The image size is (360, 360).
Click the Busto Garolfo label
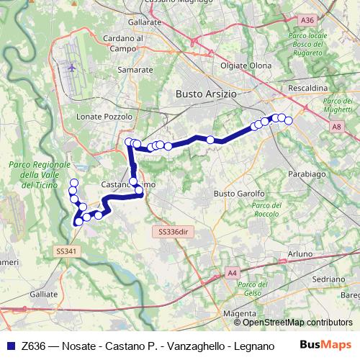(239, 194)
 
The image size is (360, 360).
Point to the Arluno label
(300, 254)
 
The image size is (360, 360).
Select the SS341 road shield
(65, 251)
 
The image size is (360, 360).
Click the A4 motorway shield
(231, 273)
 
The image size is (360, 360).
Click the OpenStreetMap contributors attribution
(297, 322)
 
